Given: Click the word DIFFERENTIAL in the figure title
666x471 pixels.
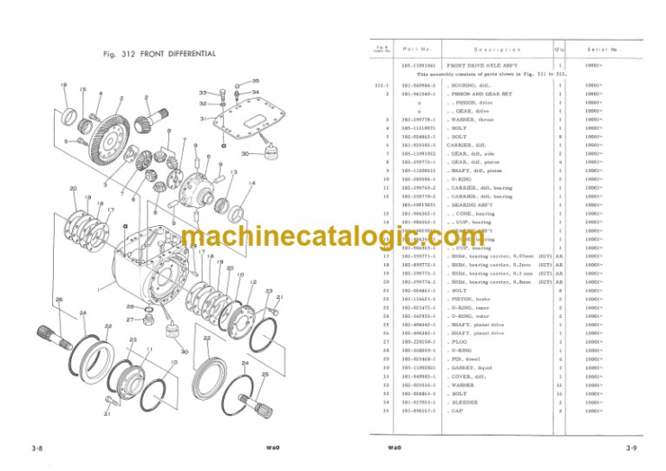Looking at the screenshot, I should [186, 54].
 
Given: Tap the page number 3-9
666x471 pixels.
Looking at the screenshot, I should [635, 447].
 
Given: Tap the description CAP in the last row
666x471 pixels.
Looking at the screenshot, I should [457, 411].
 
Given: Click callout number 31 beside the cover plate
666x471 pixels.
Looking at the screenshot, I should [203, 118].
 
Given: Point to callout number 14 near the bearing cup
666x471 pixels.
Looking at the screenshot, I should [252, 183].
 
